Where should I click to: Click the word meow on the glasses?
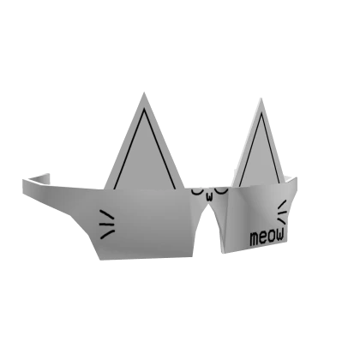click(x=267, y=236)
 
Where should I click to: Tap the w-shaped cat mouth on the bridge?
click(x=208, y=196)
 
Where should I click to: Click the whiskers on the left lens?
click(x=106, y=223)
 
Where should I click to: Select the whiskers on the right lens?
click(x=282, y=212)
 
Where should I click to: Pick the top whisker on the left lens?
click(x=105, y=213)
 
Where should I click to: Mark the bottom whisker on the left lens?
click(x=107, y=233)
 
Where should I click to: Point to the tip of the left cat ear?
click(x=143, y=91)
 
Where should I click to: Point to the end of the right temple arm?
click(x=297, y=176)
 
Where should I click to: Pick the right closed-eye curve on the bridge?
click(x=220, y=189)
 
